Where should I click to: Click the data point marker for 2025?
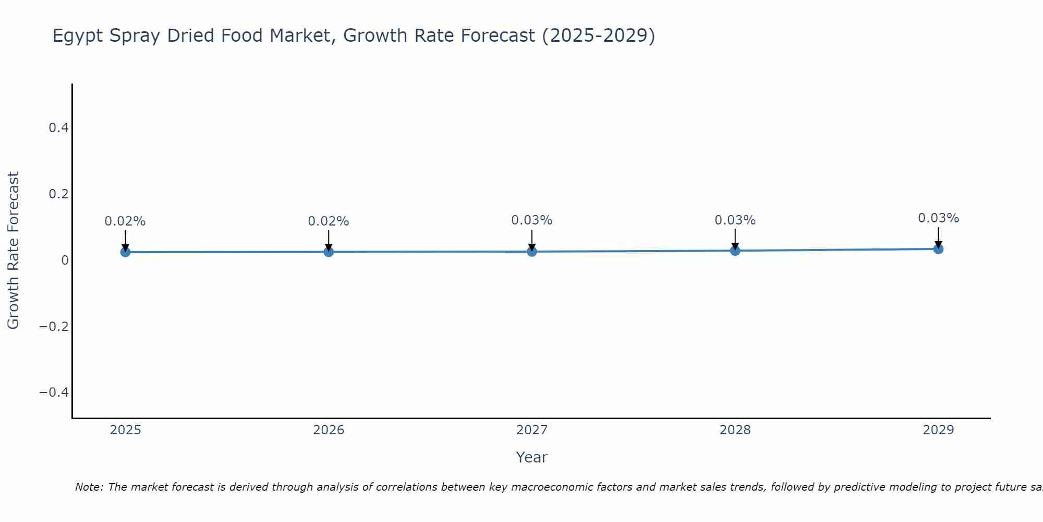pyautogui.click(x=125, y=252)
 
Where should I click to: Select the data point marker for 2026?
pyautogui.click(x=329, y=252)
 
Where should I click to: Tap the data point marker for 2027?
pyautogui.click(x=532, y=252)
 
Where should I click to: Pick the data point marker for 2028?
pyautogui.click(x=735, y=251)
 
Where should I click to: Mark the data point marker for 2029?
pyautogui.click(x=938, y=249)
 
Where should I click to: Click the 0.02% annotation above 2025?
pyautogui.click(x=125, y=221)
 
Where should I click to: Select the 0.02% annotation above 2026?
pyautogui.click(x=329, y=221)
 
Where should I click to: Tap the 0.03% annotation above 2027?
pyautogui.click(x=532, y=220)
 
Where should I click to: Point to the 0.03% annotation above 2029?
pyautogui.click(x=938, y=218)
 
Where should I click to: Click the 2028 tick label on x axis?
pyautogui.click(x=735, y=430)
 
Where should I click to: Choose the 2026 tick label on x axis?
pyautogui.click(x=329, y=430)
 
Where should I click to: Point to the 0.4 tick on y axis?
pyautogui.click(x=58, y=128)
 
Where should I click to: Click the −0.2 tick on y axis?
pyautogui.click(x=54, y=326)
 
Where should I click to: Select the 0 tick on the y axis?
pyautogui.click(x=65, y=260)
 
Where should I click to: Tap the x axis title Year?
pyautogui.click(x=531, y=457)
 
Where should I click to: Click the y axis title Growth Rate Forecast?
pyautogui.click(x=13, y=251)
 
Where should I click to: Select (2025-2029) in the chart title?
pyautogui.click(x=599, y=35)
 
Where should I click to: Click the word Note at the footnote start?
pyautogui.click(x=89, y=487)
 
